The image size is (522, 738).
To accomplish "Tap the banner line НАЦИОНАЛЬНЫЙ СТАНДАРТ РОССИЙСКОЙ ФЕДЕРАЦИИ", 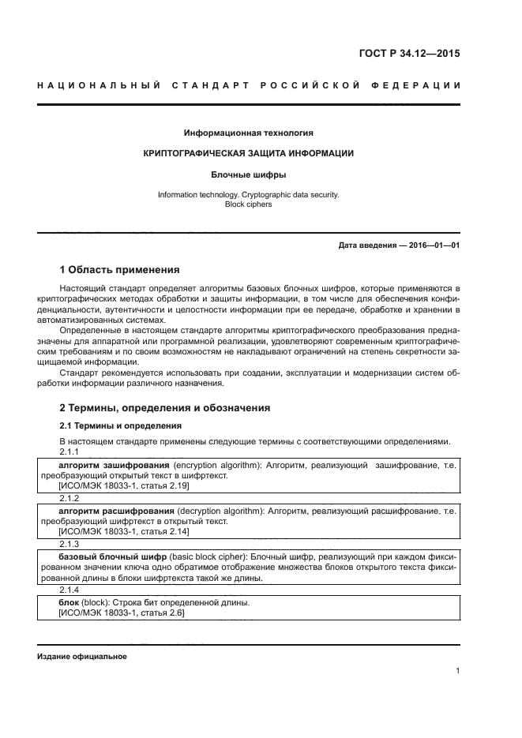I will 249,84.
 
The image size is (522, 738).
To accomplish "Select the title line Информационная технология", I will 248,133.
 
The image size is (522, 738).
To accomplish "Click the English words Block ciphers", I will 248,204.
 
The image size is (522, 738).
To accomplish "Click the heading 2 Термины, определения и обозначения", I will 165,408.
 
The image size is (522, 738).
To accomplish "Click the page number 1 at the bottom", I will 457,671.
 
